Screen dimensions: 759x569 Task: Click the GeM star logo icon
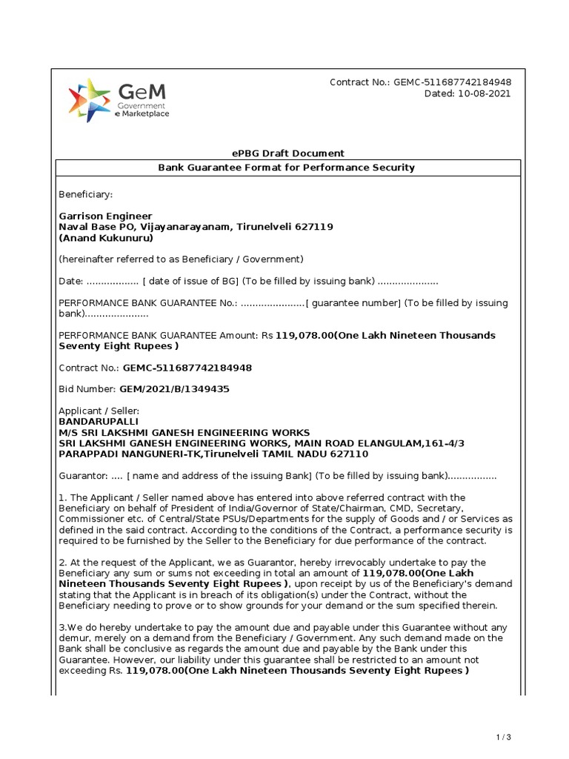[90, 101]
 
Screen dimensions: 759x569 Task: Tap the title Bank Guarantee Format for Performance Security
[286, 168]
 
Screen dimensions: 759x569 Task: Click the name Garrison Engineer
[105, 216]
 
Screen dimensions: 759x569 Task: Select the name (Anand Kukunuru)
[106, 239]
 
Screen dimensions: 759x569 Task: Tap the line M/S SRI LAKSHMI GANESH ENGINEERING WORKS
[184, 432]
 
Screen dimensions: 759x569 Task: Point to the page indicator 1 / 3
[504, 737]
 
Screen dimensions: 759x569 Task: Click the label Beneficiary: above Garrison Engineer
[86, 194]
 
